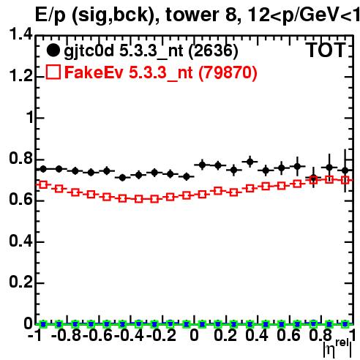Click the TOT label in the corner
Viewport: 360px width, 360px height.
[x=326, y=50]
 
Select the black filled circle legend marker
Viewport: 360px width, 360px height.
[x=53, y=50]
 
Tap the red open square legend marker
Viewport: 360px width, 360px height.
[x=53, y=72]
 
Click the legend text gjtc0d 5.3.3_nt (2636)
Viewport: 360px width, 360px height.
[x=151, y=51]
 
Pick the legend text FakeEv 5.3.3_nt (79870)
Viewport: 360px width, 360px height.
[x=161, y=72]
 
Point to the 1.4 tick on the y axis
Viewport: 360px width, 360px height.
[x=20, y=34]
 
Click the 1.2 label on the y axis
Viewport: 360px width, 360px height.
[x=20, y=76]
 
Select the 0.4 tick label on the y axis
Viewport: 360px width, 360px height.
[x=20, y=241]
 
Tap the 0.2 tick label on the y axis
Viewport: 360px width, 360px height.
[x=20, y=282]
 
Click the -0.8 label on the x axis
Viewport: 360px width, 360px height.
[x=66, y=335]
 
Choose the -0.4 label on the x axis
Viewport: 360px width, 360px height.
[x=129, y=335]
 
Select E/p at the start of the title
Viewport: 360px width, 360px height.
[x=50, y=15]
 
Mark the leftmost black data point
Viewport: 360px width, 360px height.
[x=43, y=169]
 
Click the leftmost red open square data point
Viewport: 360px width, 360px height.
[x=43, y=184]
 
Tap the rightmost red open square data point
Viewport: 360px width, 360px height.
[x=345, y=180]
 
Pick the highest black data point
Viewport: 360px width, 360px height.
[x=250, y=162]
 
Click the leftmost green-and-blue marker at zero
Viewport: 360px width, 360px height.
[x=43, y=324]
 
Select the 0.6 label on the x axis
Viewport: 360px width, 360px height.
[x=288, y=335]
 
